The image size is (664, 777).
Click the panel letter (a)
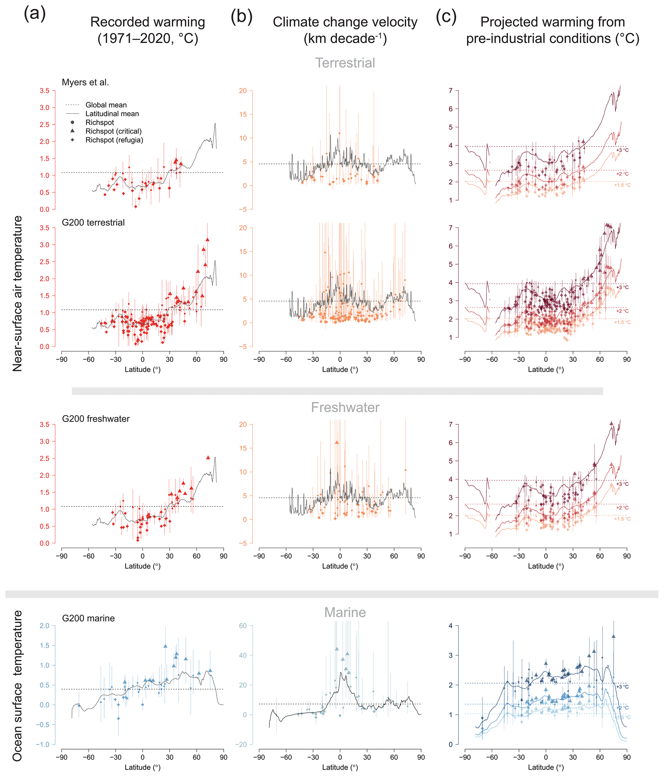coord(34,14)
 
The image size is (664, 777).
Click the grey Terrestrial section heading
coord(345,63)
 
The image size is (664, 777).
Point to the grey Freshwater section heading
coord(345,407)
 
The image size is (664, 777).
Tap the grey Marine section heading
coord(345,612)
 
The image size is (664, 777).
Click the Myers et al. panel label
coord(85,83)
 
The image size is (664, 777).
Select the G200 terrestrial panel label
coord(93,223)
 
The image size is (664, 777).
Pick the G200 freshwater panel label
coord(96,419)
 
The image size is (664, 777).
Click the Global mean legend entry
coord(106,105)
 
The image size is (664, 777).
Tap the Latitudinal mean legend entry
coord(112,114)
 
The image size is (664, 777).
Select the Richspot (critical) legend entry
coord(113,131)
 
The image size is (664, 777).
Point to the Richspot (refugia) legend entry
coord(114,140)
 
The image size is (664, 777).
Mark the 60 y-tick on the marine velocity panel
coord(243,625)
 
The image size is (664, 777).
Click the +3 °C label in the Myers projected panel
coord(622,150)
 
